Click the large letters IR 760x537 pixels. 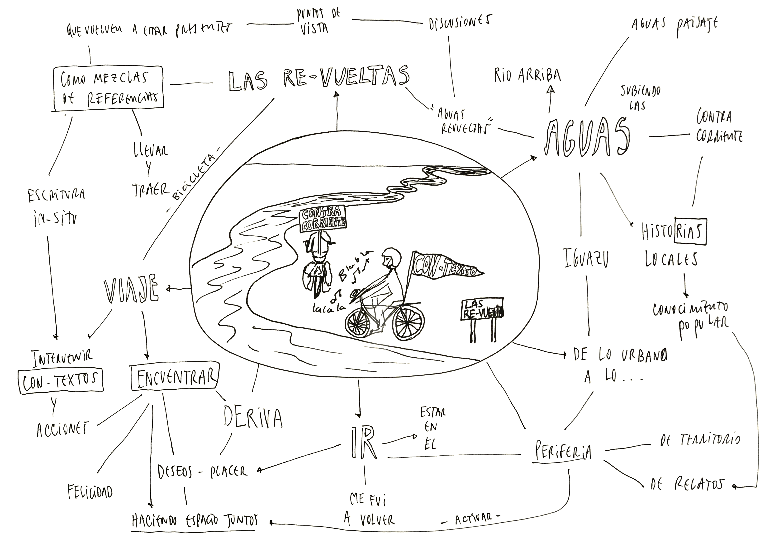(363, 442)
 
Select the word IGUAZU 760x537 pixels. (586, 258)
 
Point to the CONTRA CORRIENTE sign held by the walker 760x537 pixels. (322, 219)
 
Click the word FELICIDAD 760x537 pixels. (90, 491)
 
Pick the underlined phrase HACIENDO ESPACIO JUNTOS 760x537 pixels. (195, 521)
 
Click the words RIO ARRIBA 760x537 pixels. (527, 75)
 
